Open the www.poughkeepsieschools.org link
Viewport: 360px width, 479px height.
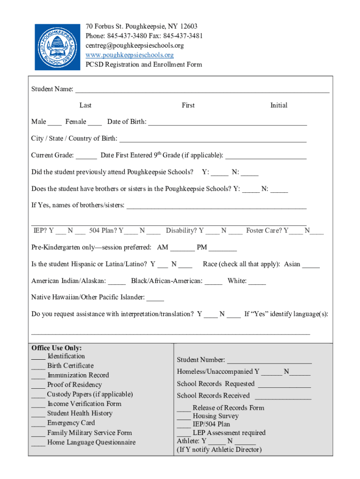pos(130,55)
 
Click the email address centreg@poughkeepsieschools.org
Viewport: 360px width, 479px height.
pos(135,45)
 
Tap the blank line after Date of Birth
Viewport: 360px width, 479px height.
pos(227,123)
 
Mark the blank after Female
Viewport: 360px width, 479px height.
pos(95,123)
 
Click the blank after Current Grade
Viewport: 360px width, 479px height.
pos(86,156)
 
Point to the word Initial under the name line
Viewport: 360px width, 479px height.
pos(279,105)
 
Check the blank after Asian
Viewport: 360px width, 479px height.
pos(311,265)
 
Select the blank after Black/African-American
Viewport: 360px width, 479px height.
pos(214,282)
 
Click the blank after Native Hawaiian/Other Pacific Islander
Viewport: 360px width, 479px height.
pos(155,298)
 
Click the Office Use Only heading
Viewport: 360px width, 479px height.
pos(57,348)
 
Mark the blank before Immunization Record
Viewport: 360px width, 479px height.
pos(38,376)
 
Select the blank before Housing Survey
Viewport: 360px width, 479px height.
pos(184,417)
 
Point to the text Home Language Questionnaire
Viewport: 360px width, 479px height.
pos(91,443)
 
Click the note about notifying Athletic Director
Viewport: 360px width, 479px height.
pos(219,450)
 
